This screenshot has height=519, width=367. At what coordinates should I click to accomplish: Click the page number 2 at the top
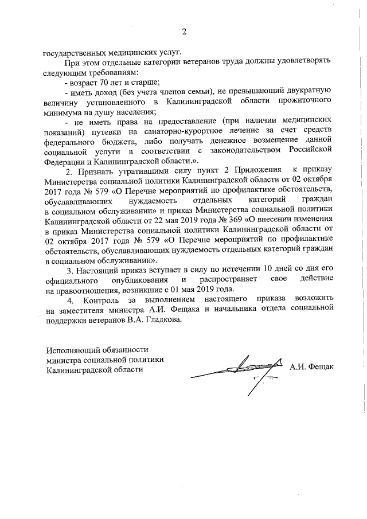click(x=184, y=31)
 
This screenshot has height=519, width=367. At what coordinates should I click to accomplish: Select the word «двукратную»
click(x=306, y=92)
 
